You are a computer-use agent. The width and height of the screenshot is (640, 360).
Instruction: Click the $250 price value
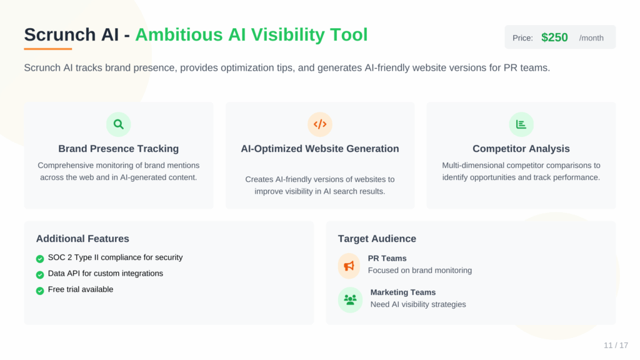click(554, 37)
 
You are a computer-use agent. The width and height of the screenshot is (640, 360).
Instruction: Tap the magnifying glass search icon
click(119, 124)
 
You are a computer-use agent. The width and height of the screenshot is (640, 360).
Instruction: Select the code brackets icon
click(320, 124)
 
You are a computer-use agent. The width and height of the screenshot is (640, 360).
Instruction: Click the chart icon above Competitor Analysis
click(521, 124)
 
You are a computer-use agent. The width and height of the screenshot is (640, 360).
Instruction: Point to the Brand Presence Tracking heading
click(119, 149)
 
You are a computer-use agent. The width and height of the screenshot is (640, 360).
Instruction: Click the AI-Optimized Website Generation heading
click(320, 149)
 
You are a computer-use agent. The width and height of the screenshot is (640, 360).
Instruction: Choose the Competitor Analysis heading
click(521, 149)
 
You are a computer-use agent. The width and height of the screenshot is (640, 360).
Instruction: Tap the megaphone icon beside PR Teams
click(349, 266)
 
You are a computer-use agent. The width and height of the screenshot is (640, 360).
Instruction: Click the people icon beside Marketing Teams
click(350, 299)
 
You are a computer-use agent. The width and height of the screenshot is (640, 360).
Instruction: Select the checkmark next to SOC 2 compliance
click(40, 258)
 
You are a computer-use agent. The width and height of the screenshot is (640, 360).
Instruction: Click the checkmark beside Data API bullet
click(40, 274)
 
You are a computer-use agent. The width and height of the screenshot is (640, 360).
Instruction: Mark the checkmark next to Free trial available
click(40, 291)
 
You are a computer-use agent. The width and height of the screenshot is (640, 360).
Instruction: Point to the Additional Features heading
click(82, 239)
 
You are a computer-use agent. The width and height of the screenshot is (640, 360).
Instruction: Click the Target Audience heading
click(377, 239)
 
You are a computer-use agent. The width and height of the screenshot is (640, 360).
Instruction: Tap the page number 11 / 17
click(616, 346)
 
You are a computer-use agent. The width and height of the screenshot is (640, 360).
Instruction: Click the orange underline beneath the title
click(48, 49)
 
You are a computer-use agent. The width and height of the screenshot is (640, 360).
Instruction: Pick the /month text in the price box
click(591, 38)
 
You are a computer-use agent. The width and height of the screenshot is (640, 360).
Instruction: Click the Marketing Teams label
click(402, 292)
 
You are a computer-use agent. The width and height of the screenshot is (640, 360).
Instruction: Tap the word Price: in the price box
click(522, 38)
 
